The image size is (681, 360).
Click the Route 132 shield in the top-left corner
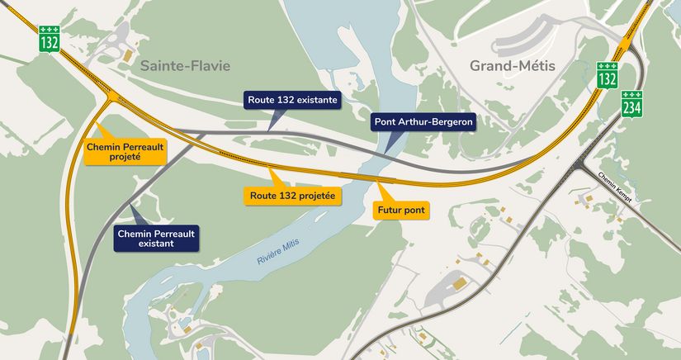[x=48, y=38]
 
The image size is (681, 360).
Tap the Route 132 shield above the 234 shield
[x=608, y=75]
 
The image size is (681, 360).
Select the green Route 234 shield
[x=631, y=104]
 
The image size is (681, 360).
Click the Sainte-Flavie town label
[x=184, y=66]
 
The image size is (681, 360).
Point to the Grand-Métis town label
[x=513, y=66]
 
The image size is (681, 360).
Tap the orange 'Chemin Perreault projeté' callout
[x=124, y=151]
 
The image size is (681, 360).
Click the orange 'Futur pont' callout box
[x=401, y=211]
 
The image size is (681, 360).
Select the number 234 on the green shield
[x=631, y=107]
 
